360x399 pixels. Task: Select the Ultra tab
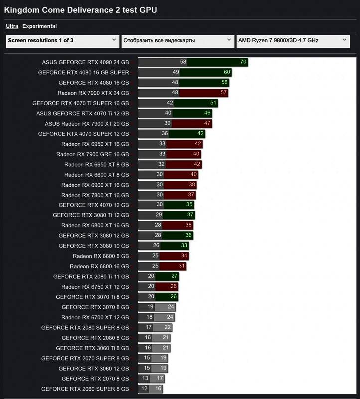[13, 26]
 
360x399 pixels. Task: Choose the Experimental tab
[40, 26]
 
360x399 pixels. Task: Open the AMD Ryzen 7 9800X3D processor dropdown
[292, 41]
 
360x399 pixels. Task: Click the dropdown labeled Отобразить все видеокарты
[177, 41]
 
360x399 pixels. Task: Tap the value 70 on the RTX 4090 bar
[243, 62]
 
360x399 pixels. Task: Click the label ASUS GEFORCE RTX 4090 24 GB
[85, 62]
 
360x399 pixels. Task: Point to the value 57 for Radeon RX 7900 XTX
[224, 93]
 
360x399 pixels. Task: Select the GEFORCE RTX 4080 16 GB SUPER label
[83, 72]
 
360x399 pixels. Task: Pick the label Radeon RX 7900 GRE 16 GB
[92, 154]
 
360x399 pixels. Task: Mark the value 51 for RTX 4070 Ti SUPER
[214, 103]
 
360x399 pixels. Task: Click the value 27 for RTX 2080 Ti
[175, 276]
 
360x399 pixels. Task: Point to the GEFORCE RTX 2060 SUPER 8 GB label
[85, 389]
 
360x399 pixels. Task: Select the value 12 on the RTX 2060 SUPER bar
[144, 389]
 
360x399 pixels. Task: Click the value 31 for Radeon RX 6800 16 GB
[182, 266]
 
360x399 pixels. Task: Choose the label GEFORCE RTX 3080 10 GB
[93, 246]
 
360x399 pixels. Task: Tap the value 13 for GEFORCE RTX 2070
[145, 379]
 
